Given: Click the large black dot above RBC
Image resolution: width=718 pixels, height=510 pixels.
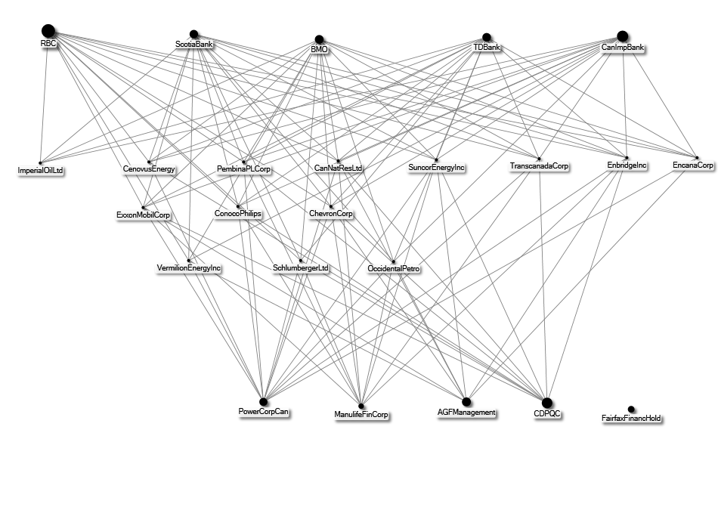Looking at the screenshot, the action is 48,31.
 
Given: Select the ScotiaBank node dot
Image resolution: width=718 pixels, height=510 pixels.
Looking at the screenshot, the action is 193,34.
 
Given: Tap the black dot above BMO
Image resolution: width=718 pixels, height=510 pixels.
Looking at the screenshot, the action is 319,39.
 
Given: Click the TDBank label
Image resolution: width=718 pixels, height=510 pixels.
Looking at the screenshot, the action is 487,47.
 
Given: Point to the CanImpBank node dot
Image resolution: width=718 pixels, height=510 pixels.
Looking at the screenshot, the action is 622,36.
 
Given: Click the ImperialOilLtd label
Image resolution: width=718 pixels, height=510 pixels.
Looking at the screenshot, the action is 40,171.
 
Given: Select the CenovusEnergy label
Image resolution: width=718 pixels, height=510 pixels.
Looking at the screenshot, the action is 149,169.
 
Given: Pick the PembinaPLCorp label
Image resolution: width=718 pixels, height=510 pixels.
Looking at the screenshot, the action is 243,169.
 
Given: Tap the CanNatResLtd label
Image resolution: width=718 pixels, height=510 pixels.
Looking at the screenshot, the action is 338,168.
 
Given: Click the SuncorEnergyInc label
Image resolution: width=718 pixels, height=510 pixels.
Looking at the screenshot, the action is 436,168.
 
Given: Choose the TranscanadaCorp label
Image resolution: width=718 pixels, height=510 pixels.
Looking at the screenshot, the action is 539,165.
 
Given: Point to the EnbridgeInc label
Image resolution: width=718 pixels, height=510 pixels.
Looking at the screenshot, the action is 627,165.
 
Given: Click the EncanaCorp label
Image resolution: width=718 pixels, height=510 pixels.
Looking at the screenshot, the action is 693,165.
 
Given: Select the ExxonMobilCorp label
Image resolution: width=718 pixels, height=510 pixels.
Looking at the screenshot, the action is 144,215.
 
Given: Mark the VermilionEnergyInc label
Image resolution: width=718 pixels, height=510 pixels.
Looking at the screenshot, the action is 189,267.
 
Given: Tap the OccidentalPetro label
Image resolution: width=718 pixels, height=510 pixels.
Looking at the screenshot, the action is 393,269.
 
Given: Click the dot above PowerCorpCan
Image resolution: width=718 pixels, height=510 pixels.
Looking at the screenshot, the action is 263,403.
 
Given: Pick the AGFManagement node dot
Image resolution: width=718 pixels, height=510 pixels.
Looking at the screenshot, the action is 466,402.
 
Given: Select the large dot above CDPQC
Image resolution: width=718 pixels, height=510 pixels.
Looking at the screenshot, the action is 546,403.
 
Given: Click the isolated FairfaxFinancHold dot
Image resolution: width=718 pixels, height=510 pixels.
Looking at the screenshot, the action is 631,410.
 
